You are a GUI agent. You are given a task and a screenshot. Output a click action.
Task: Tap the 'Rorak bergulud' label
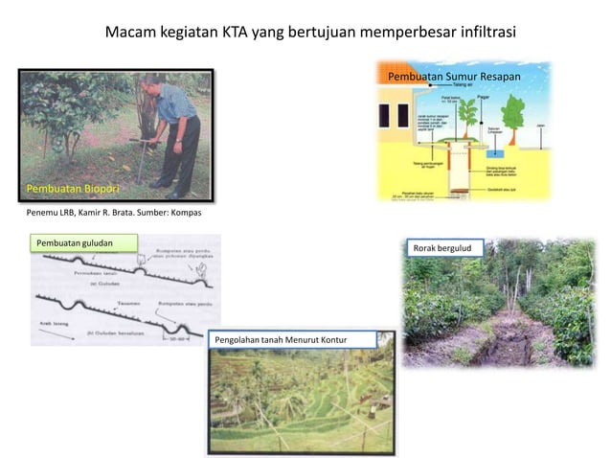443,248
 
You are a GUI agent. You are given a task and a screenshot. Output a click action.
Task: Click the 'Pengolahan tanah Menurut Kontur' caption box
280,340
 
